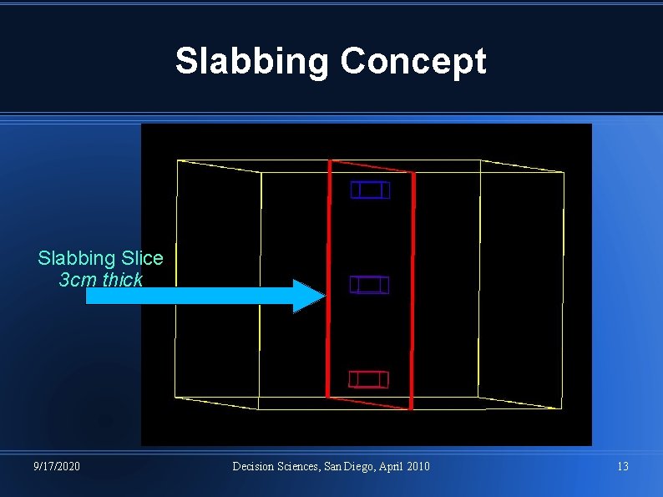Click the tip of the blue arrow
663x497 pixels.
(x=321, y=296)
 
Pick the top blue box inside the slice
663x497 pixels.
(x=370, y=190)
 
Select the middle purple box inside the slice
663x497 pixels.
(x=369, y=285)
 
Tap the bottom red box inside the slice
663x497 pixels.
(x=368, y=379)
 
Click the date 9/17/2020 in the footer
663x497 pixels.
(x=57, y=466)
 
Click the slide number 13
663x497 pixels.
(x=622, y=466)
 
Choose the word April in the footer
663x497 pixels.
(x=388, y=466)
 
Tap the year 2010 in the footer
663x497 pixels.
(x=418, y=466)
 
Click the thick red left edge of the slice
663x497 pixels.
(x=328, y=276)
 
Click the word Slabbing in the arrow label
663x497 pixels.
(x=69, y=258)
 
